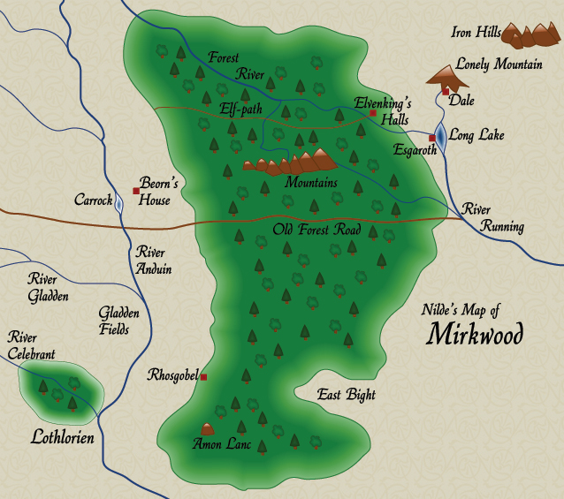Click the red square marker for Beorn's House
tap(136, 191)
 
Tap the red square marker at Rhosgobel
tap(203, 377)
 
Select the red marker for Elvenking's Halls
tap(373, 113)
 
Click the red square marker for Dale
tap(446, 91)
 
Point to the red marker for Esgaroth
tap(431, 138)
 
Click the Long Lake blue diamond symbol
tap(440, 137)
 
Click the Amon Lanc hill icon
tap(209, 429)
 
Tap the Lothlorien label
tap(62, 436)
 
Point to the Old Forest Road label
tap(316, 231)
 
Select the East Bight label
tap(347, 395)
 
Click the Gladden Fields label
tap(114, 321)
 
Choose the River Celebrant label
tap(31, 345)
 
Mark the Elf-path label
tap(242, 109)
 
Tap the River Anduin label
tap(154, 261)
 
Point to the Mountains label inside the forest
tap(311, 182)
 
